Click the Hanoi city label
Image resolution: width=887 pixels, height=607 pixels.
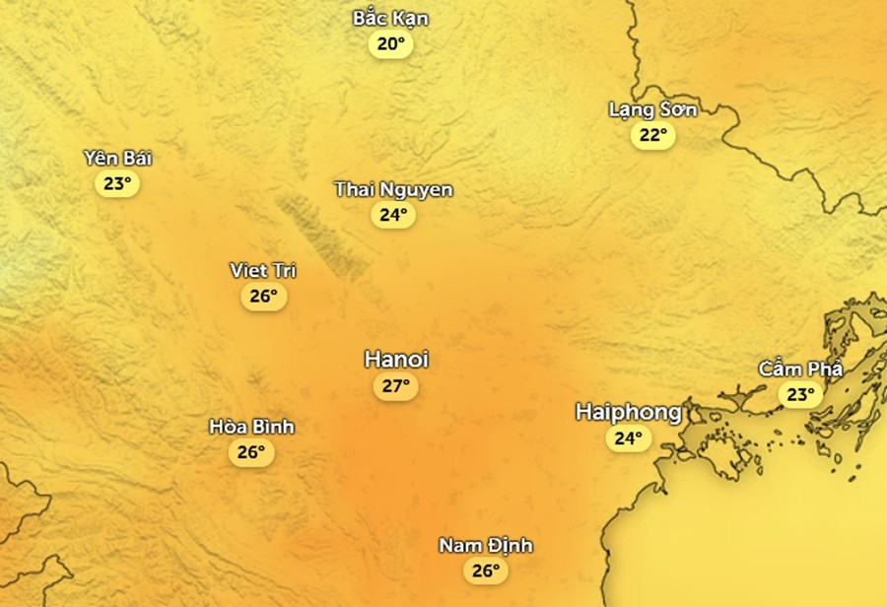396,360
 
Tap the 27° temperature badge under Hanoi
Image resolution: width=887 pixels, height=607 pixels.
395,386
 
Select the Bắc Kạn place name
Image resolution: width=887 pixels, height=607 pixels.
390,19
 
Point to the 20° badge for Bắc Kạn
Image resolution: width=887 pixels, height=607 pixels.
390,44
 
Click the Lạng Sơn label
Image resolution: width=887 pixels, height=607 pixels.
652,109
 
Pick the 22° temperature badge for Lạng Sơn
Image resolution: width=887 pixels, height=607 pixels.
652,135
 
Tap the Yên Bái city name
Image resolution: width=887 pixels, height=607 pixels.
118,159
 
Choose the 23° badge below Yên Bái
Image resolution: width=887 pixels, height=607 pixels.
117,183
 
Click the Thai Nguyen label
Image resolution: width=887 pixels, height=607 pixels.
393,189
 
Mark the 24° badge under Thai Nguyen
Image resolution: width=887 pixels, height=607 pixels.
393,215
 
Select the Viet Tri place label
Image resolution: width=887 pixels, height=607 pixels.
262,270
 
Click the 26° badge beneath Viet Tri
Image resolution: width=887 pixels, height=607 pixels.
263,296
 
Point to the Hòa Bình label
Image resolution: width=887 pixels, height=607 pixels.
251,427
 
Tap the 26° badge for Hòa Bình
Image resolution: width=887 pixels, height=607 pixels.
250,452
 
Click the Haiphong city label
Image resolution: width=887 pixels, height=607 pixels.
629,412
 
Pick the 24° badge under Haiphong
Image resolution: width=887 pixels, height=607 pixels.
628,438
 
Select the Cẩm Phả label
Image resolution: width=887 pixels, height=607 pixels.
800,370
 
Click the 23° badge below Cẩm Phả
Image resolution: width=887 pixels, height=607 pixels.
799,395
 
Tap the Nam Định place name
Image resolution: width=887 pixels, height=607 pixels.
486,545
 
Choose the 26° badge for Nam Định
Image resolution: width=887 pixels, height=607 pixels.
485,571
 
